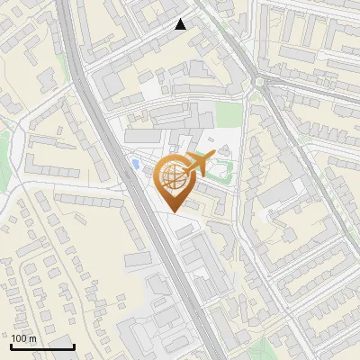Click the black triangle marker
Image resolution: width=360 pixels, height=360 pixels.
click(x=181, y=24)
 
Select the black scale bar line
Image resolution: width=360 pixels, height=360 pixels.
click(x=42, y=347)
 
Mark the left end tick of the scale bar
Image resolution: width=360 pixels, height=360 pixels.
click(x=12, y=346)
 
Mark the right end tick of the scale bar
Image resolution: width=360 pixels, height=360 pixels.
click(x=73, y=346)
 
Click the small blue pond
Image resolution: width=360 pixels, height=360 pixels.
click(x=135, y=164)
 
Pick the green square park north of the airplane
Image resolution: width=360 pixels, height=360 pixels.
click(x=229, y=114)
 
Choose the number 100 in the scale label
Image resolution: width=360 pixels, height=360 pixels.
click(x=19, y=338)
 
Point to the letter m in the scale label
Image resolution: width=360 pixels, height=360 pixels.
click(x=31, y=338)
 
